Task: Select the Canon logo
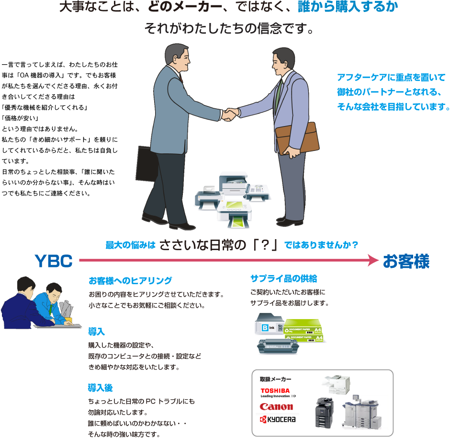276,407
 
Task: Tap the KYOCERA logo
278,419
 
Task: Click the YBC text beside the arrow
54,261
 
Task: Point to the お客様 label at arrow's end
405,261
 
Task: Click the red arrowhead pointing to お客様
373,260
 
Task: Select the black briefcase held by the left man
147,162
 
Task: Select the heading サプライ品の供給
283,278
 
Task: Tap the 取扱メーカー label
275,380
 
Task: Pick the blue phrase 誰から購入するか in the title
347,7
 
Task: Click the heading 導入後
100,387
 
